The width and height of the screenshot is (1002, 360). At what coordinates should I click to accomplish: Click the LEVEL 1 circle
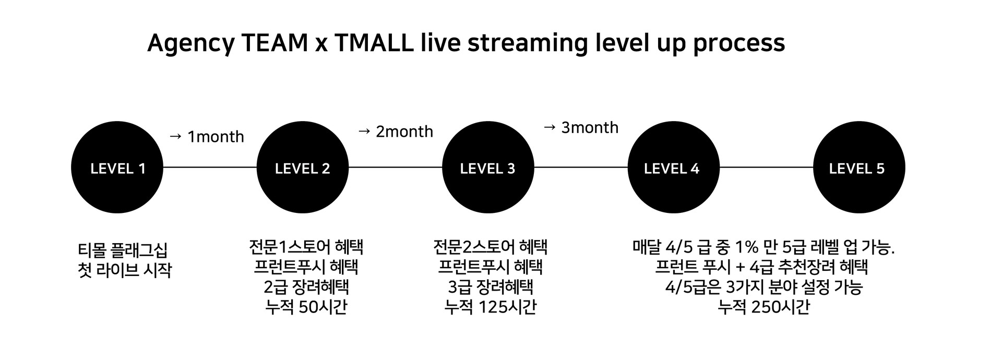click(117, 167)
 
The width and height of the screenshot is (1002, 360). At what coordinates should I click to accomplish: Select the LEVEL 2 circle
click(303, 167)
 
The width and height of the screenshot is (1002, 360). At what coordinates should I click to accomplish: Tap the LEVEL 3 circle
click(488, 167)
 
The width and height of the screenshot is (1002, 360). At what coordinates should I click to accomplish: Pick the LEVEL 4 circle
click(673, 167)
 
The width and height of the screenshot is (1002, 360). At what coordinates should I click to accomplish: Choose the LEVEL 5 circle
click(859, 167)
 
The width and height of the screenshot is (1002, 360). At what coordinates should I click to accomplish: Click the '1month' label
click(216, 137)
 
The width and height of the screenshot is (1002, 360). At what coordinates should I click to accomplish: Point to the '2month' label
click(404, 131)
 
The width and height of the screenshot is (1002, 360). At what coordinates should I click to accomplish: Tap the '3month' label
click(590, 127)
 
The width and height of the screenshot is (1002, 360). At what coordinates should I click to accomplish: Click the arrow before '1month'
click(176, 137)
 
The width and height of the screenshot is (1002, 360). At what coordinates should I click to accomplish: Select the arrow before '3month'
click(550, 127)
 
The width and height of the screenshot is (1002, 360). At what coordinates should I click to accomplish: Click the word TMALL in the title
click(374, 43)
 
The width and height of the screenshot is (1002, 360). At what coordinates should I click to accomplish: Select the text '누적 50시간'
click(306, 307)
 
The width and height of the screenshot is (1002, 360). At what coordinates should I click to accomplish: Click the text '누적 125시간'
click(491, 307)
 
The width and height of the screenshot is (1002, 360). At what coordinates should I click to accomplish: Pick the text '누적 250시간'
click(764, 307)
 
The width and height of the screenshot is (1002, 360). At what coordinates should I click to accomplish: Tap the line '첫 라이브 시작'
click(124, 270)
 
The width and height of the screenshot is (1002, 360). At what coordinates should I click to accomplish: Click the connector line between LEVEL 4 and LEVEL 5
click(766, 167)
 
